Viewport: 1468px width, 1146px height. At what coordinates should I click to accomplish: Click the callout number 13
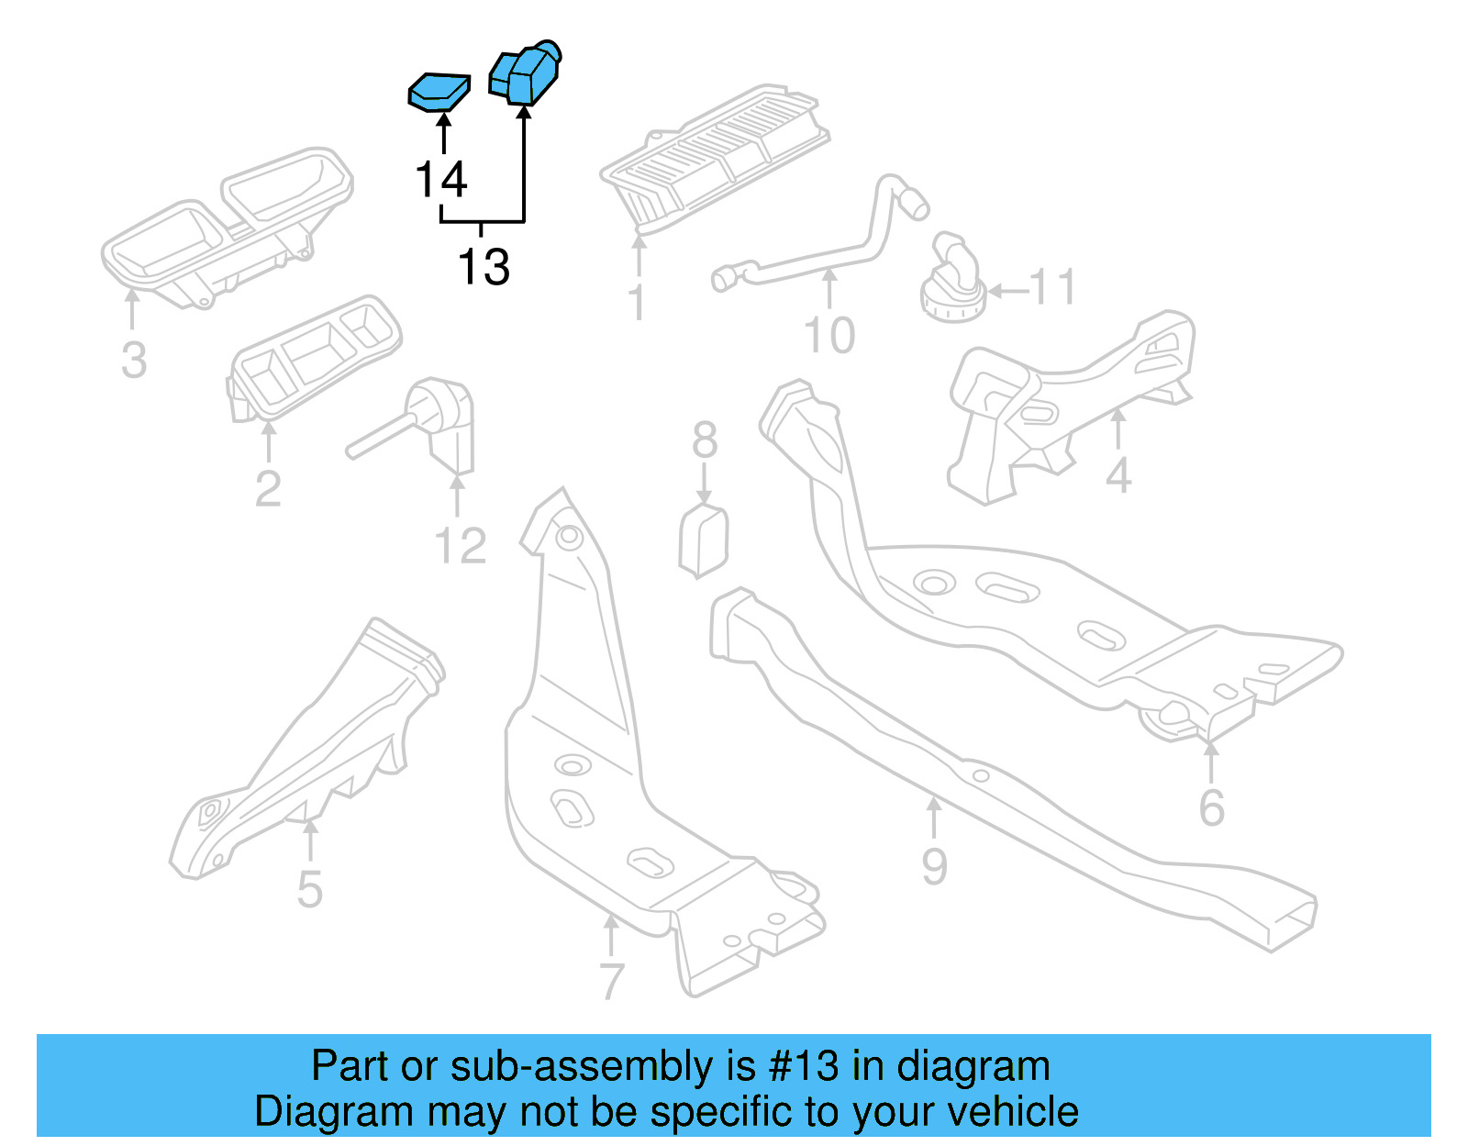[484, 267]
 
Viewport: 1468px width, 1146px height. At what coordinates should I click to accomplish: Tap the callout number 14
[441, 179]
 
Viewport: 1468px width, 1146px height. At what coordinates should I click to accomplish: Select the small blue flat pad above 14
[439, 92]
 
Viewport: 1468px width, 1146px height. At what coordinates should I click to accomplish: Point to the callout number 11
[1052, 287]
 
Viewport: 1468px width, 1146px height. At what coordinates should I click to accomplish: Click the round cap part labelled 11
[952, 283]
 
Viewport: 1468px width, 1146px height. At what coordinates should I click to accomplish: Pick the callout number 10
[829, 335]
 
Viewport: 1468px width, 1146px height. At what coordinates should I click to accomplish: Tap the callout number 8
[705, 440]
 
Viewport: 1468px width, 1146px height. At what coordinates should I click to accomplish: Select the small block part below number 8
[703, 541]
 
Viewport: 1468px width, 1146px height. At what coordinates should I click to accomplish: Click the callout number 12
[460, 546]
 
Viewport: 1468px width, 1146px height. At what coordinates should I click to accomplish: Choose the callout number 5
[310, 889]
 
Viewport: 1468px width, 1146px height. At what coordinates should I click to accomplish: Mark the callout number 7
[612, 981]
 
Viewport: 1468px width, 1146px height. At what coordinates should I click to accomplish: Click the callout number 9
[934, 866]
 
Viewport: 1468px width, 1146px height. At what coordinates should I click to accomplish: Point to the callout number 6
[1212, 807]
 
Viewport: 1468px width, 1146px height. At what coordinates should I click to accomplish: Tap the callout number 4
[1118, 475]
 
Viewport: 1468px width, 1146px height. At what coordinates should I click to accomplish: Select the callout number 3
[134, 361]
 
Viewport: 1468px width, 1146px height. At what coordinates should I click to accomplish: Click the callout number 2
[268, 488]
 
